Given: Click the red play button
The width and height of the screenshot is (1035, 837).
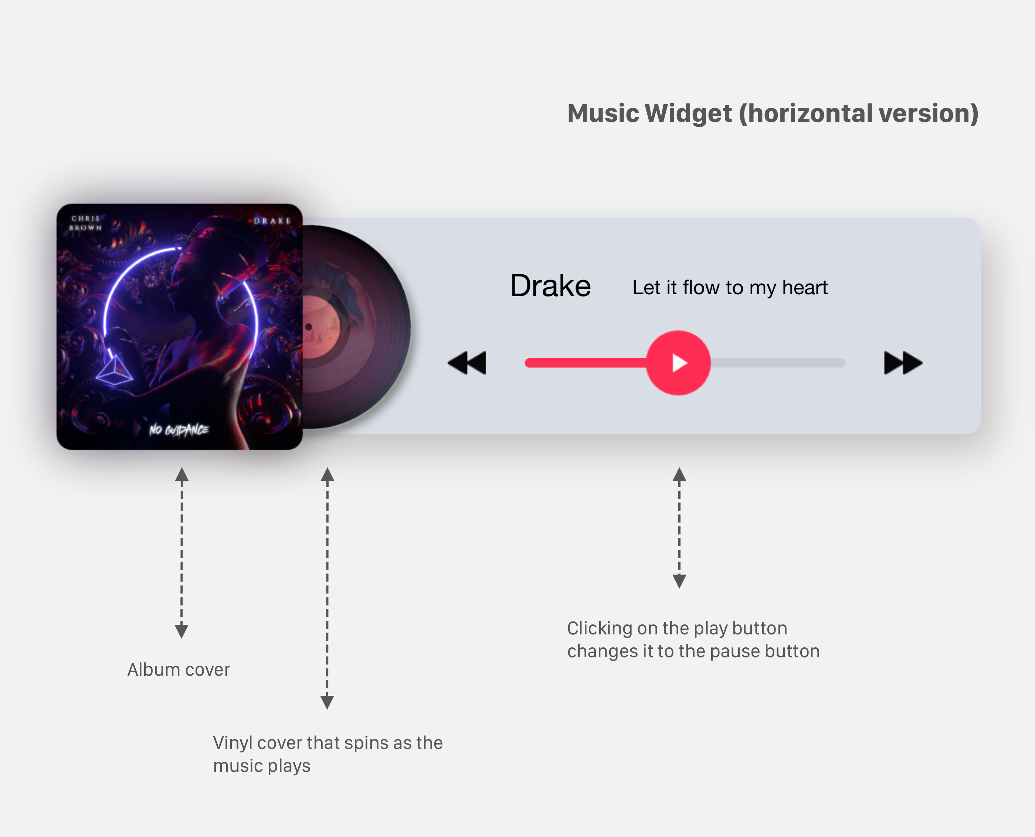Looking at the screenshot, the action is pos(678,363).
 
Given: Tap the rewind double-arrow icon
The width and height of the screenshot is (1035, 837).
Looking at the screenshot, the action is pos(466,363).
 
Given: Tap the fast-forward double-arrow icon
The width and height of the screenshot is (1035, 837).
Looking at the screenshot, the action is pos(903,363).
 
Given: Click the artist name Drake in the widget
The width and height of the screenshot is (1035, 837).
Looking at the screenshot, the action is pos(550,286).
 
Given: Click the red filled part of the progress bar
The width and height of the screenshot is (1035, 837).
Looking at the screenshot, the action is pos(586,363).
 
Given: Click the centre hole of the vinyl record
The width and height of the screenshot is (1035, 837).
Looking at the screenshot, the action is pos(309,327).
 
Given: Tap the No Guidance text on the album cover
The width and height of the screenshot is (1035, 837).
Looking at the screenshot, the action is pos(179,430).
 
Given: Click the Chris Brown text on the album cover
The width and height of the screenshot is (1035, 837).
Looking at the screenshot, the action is pos(86,223).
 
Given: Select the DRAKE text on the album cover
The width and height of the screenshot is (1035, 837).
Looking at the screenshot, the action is pos(272,221).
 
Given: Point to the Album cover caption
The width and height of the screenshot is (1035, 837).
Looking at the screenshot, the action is pos(179,670).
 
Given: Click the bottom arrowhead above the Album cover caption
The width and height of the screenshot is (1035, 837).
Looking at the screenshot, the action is pos(181,631).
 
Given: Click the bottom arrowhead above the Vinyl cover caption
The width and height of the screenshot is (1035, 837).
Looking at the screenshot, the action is pos(328,702).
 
